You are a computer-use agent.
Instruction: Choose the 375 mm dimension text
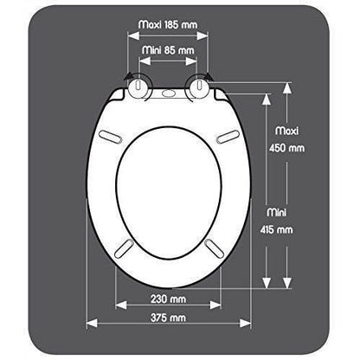point(167,319)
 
